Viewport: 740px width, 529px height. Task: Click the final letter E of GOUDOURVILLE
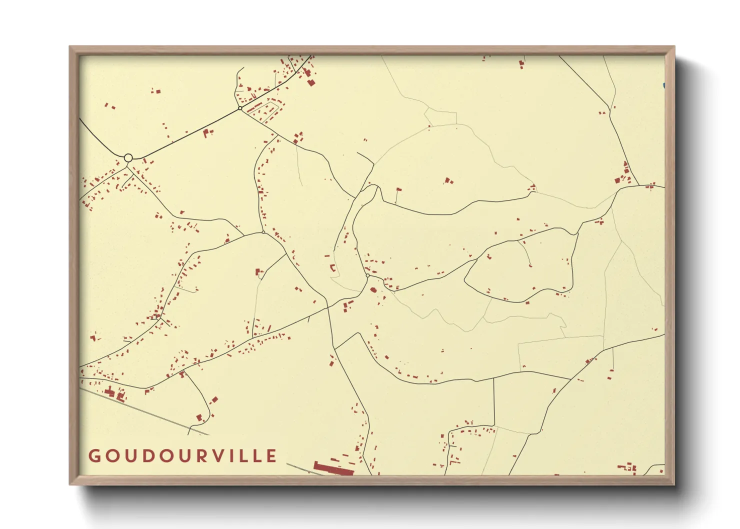click(x=271, y=456)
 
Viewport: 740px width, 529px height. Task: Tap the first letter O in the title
click(x=111, y=456)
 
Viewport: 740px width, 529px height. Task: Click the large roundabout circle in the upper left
click(x=128, y=158)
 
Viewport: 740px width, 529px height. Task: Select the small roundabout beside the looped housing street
click(x=240, y=108)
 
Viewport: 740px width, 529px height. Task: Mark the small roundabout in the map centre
click(x=367, y=275)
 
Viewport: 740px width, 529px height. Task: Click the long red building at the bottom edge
click(x=333, y=469)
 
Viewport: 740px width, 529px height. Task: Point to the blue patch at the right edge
click(x=663, y=86)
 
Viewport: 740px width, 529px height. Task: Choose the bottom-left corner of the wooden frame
click(x=70, y=483)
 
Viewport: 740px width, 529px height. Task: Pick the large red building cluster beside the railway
click(x=115, y=393)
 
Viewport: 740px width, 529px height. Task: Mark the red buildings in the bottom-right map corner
click(x=628, y=467)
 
